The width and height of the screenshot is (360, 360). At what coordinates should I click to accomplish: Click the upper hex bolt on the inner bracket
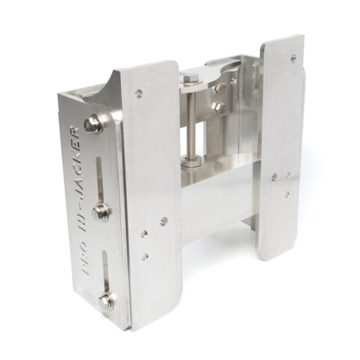[220, 88]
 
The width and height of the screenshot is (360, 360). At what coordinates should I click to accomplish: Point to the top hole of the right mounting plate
[293, 58]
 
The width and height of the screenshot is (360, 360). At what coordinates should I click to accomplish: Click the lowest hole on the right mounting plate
[287, 194]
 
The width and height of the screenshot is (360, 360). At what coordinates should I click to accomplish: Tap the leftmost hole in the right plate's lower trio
[274, 177]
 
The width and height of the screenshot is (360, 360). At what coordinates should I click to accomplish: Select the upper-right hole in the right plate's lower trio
[288, 175]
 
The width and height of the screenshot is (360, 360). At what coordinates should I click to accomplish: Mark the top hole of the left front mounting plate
[138, 94]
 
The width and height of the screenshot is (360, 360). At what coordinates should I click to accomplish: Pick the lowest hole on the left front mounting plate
[145, 257]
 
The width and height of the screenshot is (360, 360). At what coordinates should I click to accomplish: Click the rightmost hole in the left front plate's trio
[164, 220]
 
